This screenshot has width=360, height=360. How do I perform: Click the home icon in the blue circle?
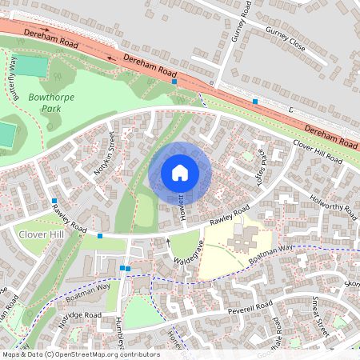tap(180, 172)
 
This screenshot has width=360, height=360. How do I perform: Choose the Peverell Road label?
tap(249, 306)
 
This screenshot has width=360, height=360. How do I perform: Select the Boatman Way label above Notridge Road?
tap(88, 290)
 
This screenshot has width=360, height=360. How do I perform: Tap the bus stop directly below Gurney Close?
tap(254, 102)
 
